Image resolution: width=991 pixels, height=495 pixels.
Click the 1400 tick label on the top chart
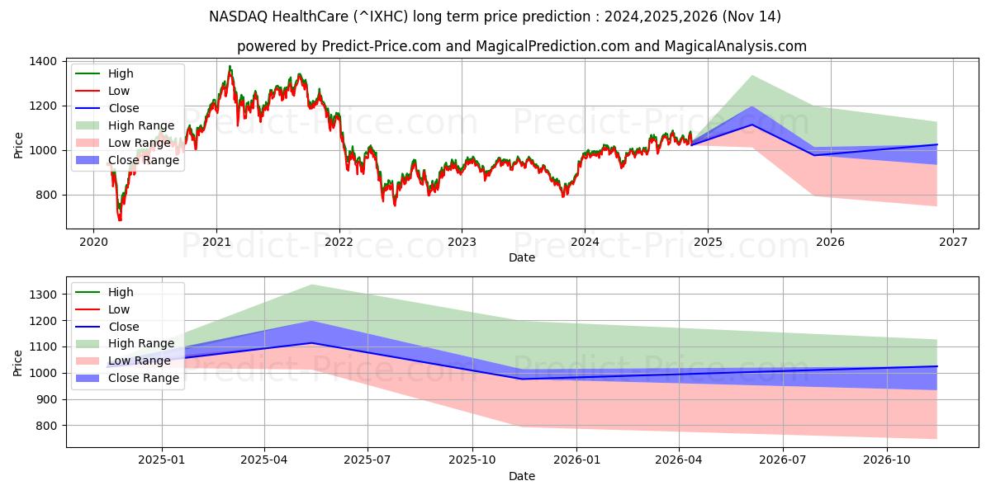43,62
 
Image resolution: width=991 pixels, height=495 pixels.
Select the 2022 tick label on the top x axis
339,242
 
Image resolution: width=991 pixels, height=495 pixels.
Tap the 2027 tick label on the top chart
953,242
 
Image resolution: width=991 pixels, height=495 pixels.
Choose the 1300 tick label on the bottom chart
43,295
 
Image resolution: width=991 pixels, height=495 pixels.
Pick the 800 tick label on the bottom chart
46,426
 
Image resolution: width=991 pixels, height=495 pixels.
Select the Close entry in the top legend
124,108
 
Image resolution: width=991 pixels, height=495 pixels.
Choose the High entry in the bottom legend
121,292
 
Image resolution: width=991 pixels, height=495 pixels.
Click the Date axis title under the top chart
522,257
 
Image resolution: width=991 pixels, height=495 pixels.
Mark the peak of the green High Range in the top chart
752,76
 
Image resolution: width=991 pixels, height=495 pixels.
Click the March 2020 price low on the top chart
120,219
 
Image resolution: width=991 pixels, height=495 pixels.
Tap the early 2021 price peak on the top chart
230,67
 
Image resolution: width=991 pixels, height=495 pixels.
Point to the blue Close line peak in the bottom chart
311,342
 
